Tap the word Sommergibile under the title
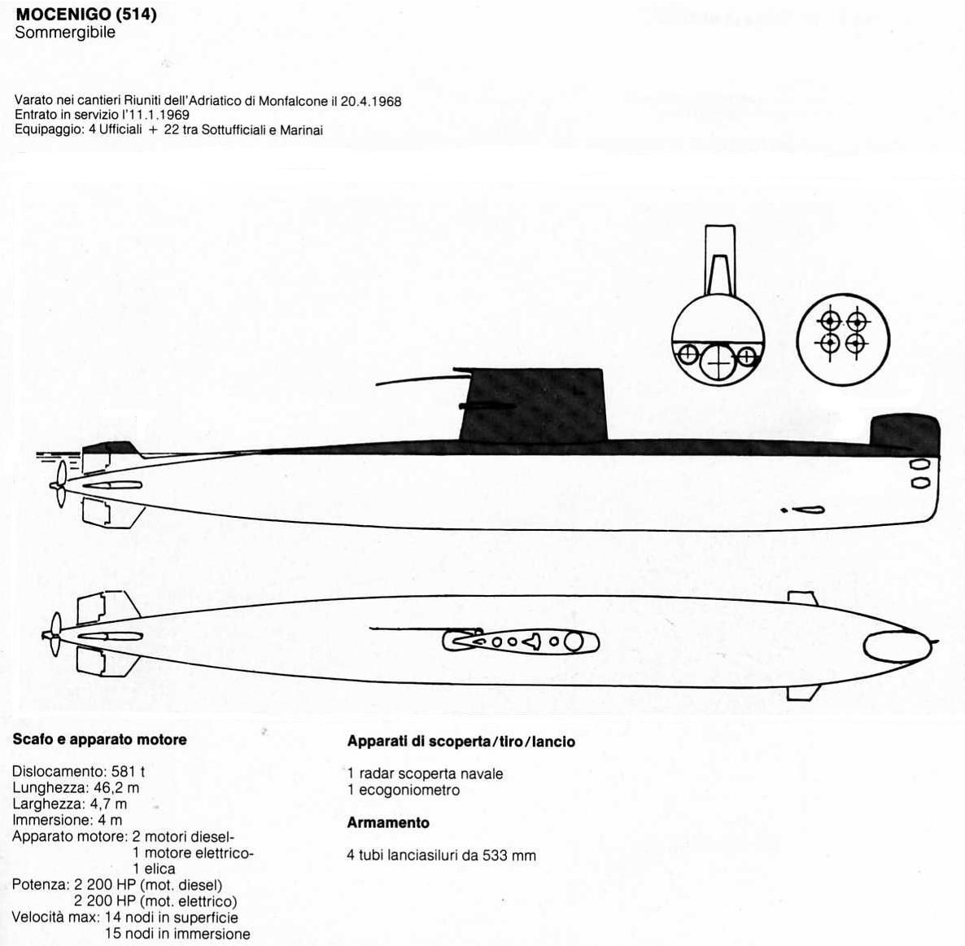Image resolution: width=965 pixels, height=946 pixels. [x=65, y=33]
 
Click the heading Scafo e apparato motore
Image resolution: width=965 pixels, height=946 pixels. [x=100, y=740]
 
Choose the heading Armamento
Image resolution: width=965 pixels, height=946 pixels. [x=388, y=823]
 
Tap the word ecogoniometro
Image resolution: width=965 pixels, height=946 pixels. [x=409, y=791]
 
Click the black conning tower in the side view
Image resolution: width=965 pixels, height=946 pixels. [x=532, y=405]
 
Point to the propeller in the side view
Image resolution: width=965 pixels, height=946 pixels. [x=59, y=484]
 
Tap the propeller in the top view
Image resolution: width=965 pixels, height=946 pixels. [x=55, y=635]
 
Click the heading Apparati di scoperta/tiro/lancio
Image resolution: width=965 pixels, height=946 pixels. [x=461, y=742]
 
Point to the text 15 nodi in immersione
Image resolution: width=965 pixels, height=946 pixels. [x=177, y=934]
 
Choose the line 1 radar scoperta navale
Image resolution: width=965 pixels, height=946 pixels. [x=426, y=774]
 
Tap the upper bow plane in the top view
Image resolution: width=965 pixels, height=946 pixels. [x=803, y=598]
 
